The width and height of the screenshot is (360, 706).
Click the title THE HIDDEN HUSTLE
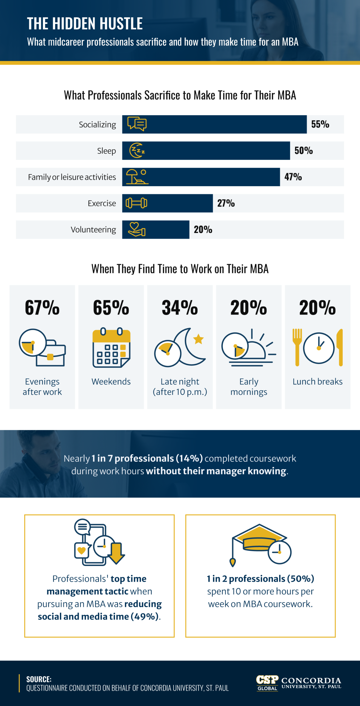tap(85, 23)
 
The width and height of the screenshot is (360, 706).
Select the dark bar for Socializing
tap(221, 124)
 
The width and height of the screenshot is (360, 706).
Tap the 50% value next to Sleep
tap(303, 151)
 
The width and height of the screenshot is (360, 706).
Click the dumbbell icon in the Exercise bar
tap(136, 203)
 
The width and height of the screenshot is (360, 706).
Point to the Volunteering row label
tap(93, 229)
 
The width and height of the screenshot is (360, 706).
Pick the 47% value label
tap(293, 177)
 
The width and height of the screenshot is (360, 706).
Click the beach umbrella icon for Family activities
tap(137, 177)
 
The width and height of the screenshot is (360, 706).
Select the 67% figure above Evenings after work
tap(42, 308)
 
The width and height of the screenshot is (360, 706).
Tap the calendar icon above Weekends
tap(111, 347)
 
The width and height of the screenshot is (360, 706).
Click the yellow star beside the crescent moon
tap(198, 339)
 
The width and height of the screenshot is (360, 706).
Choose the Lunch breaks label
tap(317, 381)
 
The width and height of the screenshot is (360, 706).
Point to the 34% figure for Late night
tap(180, 308)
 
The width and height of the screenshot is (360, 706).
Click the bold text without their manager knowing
tap(216, 471)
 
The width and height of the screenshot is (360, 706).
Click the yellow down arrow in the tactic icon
tap(117, 553)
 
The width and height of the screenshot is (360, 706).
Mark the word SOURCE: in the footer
tap(39, 679)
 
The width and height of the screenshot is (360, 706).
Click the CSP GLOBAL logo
tap(267, 683)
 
